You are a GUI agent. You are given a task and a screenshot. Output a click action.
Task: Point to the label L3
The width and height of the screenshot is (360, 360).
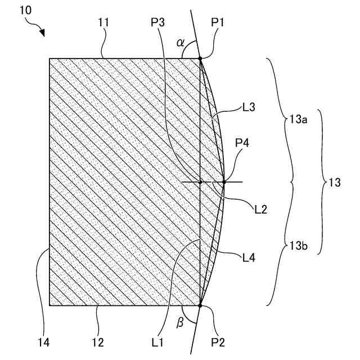(249, 107)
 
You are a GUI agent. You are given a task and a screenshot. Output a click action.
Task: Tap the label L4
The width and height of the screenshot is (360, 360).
(248, 258)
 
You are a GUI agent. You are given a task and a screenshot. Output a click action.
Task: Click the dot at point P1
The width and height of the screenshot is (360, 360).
(200, 58)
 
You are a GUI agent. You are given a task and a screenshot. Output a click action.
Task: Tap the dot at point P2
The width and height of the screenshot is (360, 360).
(200, 305)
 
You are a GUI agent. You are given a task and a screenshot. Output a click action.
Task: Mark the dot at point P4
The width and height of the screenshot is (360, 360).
(223, 182)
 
